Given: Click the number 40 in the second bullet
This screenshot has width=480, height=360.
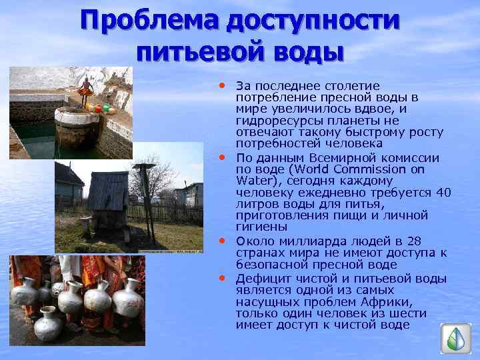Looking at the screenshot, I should coord(443,193).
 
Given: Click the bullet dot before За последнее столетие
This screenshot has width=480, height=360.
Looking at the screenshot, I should coord(223,85).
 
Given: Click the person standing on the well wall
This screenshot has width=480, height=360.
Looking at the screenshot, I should coord(85,90).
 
